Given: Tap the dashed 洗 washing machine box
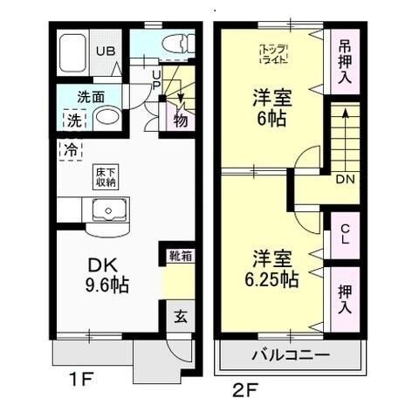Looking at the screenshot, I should click(70, 119).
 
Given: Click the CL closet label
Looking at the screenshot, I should click(345, 234).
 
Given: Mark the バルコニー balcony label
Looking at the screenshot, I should click(291, 356).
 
